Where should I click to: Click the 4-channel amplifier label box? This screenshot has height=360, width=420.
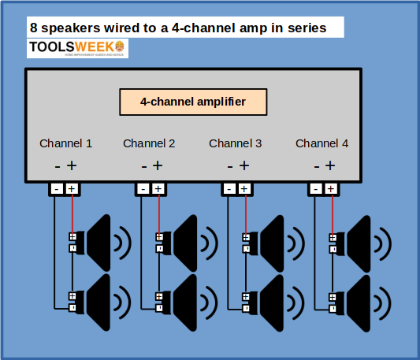(x=193, y=102)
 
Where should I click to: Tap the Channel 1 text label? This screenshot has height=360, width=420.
(x=66, y=143)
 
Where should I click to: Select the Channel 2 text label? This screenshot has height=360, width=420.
(x=149, y=143)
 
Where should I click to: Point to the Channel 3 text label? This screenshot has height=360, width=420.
(x=236, y=143)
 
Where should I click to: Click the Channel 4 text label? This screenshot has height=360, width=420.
(x=322, y=143)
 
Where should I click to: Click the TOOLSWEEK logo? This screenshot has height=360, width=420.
(x=77, y=48)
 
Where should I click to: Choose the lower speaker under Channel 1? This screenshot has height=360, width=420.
(x=98, y=302)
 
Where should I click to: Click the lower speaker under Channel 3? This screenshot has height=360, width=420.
(x=271, y=302)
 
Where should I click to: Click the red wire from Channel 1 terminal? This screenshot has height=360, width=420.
(x=72, y=213)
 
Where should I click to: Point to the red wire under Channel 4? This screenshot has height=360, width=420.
(x=332, y=213)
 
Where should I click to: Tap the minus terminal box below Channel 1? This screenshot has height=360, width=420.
(x=57, y=189)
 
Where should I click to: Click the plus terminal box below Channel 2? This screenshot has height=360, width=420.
(x=158, y=189)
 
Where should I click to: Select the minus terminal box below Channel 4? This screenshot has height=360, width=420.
(x=316, y=189)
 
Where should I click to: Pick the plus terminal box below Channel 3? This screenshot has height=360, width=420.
(x=244, y=189)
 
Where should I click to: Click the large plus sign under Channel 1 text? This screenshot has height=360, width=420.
(x=72, y=165)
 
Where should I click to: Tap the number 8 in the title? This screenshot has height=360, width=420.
(x=34, y=27)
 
